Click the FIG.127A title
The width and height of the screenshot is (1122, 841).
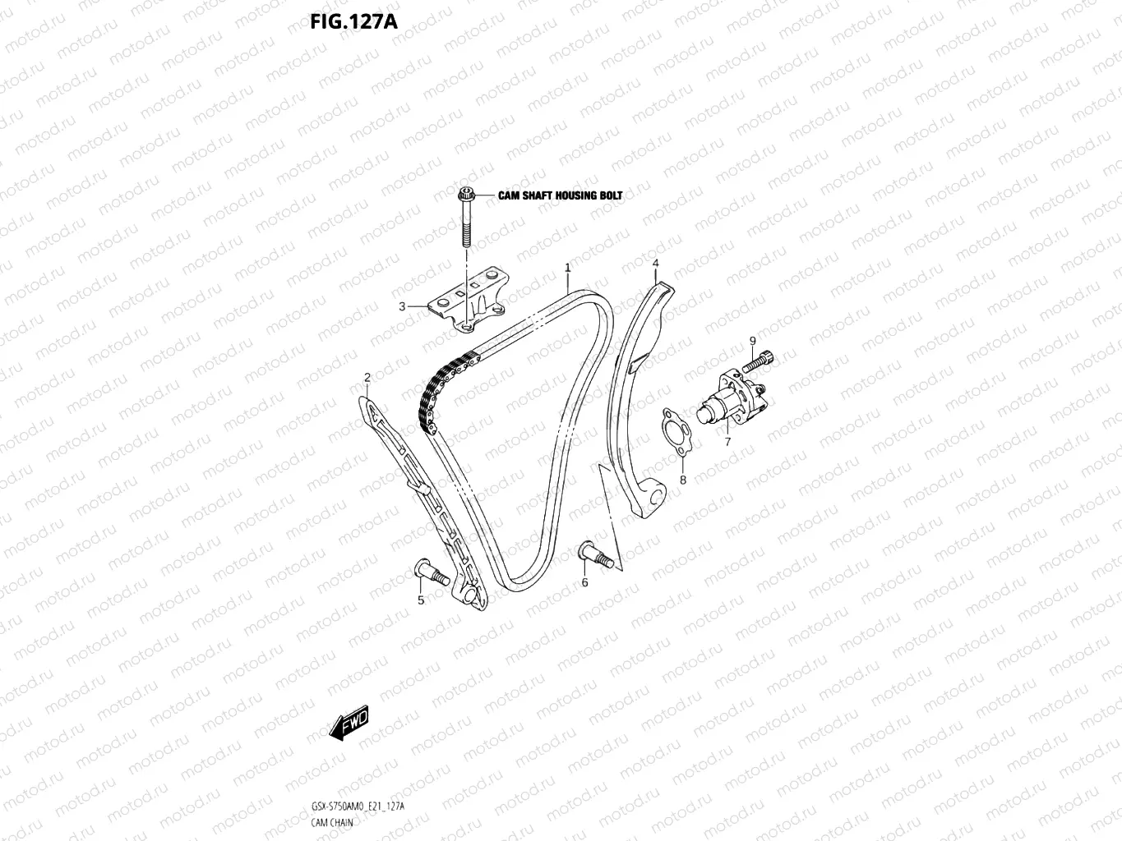tap(353, 21)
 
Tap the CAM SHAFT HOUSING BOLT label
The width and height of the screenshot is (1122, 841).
tap(560, 195)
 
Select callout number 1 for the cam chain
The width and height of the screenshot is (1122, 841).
tap(567, 268)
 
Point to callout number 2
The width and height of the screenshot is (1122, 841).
tap(367, 378)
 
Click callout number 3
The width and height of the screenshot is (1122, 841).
tap(402, 307)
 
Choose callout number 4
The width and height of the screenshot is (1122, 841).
tap(655, 264)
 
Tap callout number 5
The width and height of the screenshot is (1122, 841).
tap(421, 600)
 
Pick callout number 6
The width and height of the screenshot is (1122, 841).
tap(585, 582)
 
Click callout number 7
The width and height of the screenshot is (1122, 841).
tap(727, 442)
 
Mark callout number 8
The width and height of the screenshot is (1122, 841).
tap(681, 480)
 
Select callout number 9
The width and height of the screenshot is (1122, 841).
tap(751, 341)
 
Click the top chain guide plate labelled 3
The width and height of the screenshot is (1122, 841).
tap(469, 301)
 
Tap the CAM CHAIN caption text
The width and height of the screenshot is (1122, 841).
tap(332, 822)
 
